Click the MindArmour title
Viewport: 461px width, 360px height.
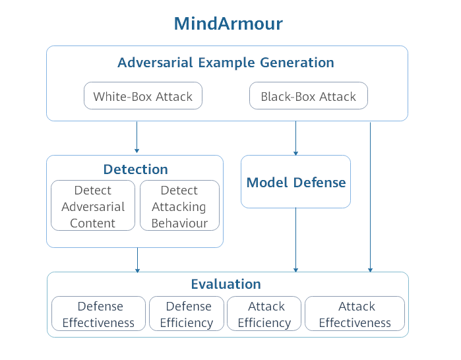228,24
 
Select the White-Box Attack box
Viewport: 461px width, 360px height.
142,96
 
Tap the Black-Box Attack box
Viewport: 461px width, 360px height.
308,96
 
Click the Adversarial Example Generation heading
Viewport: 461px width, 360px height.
226,63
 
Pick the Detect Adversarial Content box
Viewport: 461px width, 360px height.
93,206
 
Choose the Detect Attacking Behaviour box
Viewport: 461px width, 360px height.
179,206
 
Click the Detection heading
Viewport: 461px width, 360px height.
135,169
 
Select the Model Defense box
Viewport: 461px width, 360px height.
295,182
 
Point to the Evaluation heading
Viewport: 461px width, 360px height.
226,284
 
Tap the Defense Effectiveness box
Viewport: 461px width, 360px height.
99,315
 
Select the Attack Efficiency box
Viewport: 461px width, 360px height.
264,315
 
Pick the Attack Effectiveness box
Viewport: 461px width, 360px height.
355,315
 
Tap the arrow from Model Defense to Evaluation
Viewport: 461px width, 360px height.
295,240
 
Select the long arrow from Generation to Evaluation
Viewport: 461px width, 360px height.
370,198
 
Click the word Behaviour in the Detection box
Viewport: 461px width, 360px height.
179,223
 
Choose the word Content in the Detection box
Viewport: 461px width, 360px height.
93,223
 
